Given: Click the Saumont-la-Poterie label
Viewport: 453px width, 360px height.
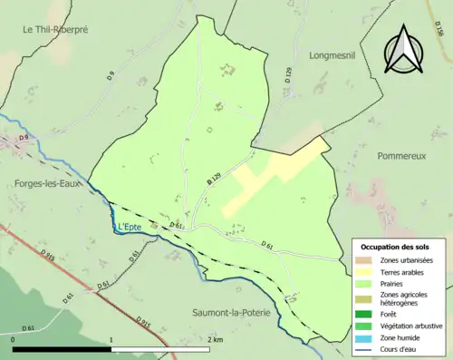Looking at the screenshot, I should point(233,312).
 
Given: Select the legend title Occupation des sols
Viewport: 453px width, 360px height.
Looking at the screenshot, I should point(396,247).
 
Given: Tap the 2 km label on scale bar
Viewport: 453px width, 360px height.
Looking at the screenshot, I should point(214,339).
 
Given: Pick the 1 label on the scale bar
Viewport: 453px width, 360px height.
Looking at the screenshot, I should point(111,339).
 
